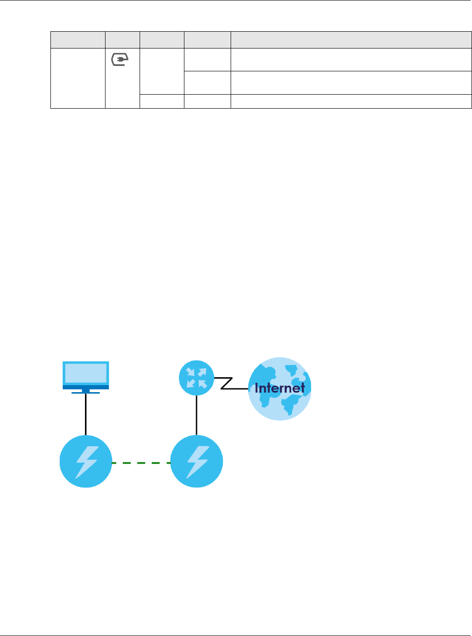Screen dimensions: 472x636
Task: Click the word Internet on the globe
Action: tap(280, 388)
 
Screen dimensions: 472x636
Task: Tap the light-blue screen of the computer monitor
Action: tap(86, 373)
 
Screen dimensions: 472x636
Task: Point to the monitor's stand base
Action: tap(85, 393)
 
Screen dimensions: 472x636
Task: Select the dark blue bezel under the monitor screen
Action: tap(86, 387)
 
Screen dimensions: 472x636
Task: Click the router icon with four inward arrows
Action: tap(197, 378)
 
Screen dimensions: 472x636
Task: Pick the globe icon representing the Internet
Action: tap(279, 389)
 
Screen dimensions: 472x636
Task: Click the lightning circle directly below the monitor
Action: tap(86, 462)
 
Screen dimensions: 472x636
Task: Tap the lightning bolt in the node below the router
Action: tap(197, 462)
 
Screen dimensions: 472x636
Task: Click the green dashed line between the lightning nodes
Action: tap(141, 463)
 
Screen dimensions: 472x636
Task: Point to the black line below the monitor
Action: tap(86, 414)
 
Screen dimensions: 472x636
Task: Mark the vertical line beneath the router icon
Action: tap(197, 415)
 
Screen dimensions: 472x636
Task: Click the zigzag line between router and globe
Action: tap(227, 383)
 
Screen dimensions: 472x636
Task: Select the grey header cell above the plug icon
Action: tap(122, 40)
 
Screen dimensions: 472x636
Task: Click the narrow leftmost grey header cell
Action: tap(77, 40)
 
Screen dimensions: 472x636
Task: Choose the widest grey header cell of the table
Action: tap(351, 40)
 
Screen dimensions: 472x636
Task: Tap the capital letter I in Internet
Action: tap(257, 388)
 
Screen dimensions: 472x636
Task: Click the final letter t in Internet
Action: tap(302, 388)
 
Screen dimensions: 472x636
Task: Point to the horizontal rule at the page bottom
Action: tap(236, 635)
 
